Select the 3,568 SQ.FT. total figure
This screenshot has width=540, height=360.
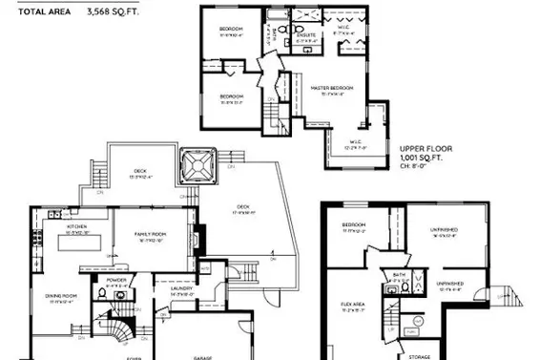[111, 13]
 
